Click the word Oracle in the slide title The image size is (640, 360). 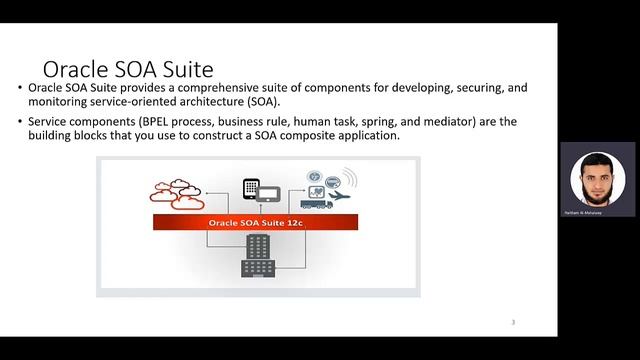pos(76,70)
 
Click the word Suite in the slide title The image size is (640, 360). pos(184,70)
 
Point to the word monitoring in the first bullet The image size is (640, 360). pos(58,102)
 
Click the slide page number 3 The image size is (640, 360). pos(513,322)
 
